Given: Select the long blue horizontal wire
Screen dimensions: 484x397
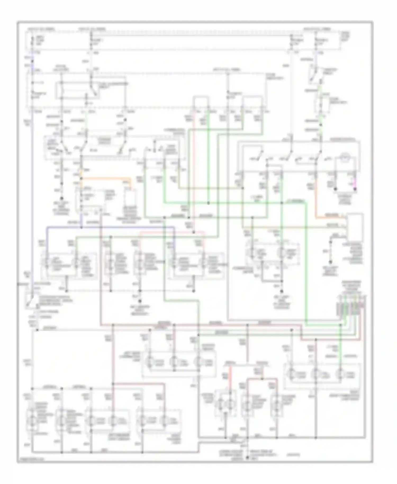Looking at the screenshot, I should (x=111, y=227).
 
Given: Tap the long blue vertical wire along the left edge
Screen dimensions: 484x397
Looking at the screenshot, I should (x=32, y=185).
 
